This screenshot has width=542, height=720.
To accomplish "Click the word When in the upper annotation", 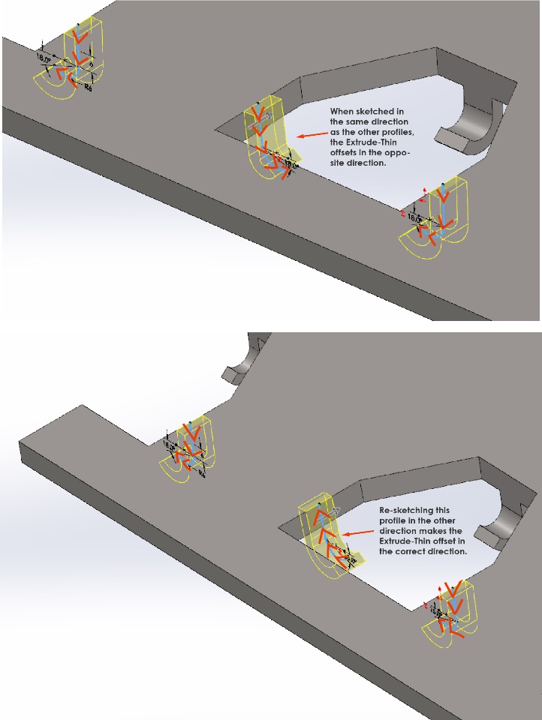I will click(x=342, y=111).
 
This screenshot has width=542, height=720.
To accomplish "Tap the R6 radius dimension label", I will click(x=89, y=88).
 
